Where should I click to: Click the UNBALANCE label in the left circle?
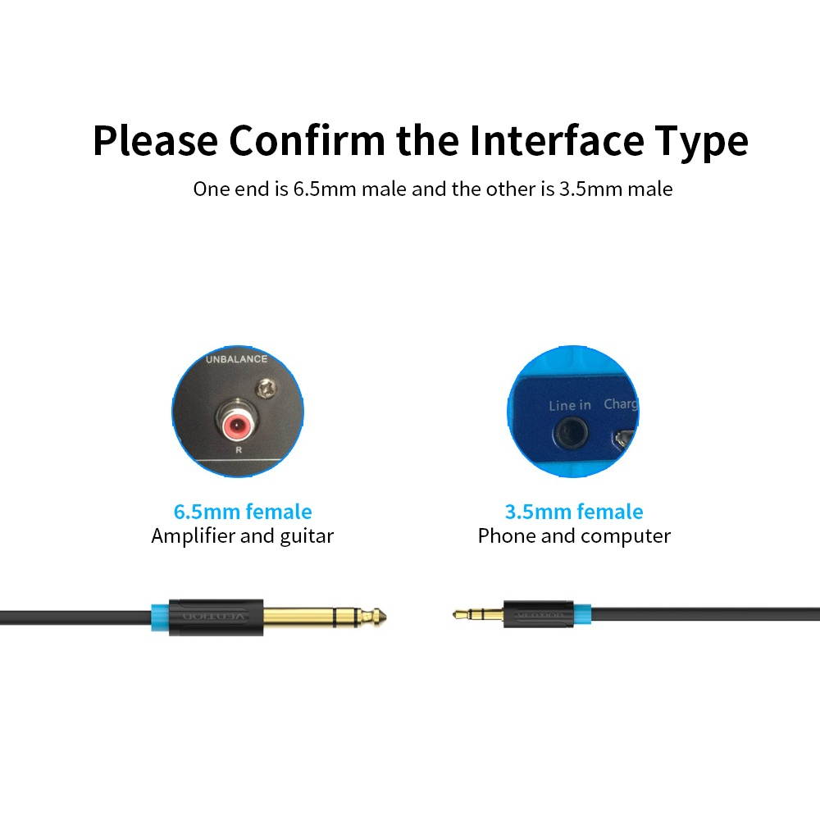click(x=236, y=359)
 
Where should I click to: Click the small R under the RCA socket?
click(x=238, y=450)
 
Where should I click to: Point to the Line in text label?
click(x=570, y=405)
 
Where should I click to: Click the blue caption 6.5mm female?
click(x=243, y=512)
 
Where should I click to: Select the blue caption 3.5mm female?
click(x=574, y=512)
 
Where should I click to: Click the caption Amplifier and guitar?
click(x=243, y=536)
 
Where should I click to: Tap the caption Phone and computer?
click(x=574, y=536)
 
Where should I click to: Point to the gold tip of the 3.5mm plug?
click(x=459, y=613)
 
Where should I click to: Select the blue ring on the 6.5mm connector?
click(x=160, y=613)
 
